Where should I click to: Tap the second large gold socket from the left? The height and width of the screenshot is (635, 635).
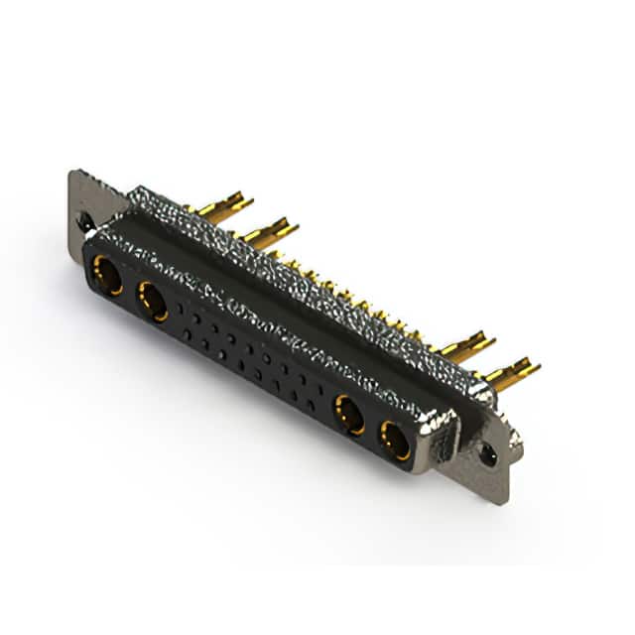pyautogui.click(x=153, y=301)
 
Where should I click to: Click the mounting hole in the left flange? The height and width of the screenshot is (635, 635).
pyautogui.click(x=87, y=222)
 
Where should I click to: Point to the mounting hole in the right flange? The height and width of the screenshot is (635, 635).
pyautogui.click(x=488, y=455)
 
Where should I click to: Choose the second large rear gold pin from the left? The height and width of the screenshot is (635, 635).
pyautogui.click(x=269, y=233)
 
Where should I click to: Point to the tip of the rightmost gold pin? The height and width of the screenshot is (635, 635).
pyautogui.click(x=536, y=367)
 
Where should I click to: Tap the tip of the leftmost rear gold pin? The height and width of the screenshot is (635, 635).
pyautogui.click(x=248, y=200)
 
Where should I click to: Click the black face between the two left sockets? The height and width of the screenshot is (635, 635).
pyautogui.click(x=130, y=289)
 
